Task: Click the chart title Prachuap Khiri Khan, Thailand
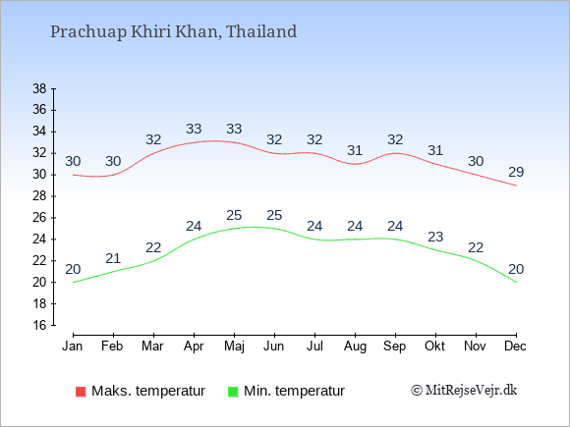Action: click(173, 32)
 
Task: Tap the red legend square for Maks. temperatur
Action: click(81, 392)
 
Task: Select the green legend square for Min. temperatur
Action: click(233, 392)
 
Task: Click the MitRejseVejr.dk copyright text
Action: click(464, 391)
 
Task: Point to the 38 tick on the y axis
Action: click(39, 88)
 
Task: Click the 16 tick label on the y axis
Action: click(39, 325)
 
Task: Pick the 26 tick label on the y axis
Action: click(39, 218)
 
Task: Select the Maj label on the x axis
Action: click(234, 347)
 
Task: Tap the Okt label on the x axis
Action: click(434, 347)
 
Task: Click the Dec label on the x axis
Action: click(516, 347)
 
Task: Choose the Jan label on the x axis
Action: click(73, 347)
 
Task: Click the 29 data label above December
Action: click(516, 172)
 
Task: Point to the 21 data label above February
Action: click(113, 258)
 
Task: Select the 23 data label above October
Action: click(435, 238)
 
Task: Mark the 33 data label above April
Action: click(194, 129)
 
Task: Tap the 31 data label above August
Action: click(355, 150)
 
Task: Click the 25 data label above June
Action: click(274, 215)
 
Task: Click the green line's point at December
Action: click(516, 282)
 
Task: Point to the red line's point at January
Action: click(73, 175)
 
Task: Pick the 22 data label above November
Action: click(476, 248)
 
